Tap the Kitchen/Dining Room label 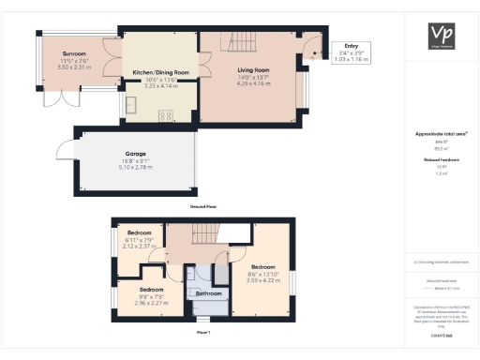pyautogui.click(x=160, y=72)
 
